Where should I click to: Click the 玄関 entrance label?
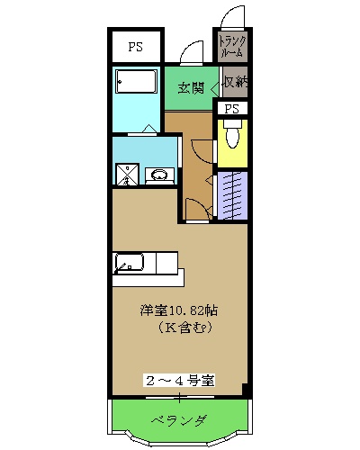click(190, 88)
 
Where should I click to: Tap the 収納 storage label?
click(234, 83)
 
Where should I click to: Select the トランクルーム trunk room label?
click(231, 45)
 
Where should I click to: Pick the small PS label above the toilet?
click(232, 109)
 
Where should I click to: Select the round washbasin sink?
click(160, 175)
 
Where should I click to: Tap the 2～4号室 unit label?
click(179, 381)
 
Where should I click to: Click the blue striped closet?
click(232, 193)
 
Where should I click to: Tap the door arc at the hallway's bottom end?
click(195, 210)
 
